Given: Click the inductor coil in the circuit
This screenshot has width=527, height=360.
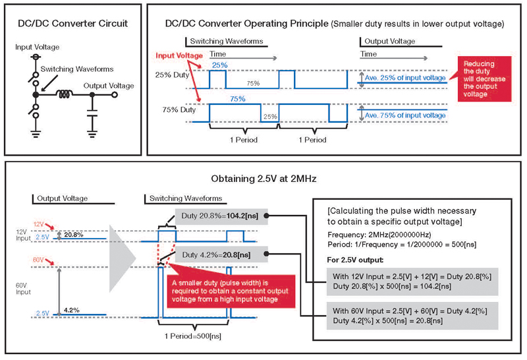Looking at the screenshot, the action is (64, 94).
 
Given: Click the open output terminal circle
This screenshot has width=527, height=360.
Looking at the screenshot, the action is (114, 94).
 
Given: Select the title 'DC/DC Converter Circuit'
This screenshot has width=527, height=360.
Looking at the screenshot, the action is (72, 23).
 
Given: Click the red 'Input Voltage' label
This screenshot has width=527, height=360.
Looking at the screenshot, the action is (179, 55).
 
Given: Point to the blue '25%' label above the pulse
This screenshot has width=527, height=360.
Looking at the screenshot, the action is (220, 65).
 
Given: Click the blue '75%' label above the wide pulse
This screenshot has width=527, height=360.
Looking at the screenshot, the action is (238, 99).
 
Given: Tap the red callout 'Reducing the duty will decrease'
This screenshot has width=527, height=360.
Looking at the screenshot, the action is (484, 78).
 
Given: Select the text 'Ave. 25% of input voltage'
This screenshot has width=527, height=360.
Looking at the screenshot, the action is (405, 78).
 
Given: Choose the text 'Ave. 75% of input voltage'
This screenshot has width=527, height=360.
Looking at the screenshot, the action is (405, 115).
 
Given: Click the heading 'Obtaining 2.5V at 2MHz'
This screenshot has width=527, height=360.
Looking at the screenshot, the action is (263, 178).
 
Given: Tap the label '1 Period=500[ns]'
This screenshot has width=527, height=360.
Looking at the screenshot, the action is (193, 336).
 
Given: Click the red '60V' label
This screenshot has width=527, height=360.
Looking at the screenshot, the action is (38, 259).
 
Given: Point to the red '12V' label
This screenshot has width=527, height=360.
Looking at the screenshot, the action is (38, 224).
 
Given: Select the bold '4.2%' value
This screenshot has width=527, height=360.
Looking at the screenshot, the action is (72, 310).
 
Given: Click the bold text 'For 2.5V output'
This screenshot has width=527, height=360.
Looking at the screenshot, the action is (355, 260).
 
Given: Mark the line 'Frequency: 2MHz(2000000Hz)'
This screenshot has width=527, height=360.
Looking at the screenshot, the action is (379, 235).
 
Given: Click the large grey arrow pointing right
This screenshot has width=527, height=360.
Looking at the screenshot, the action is (123, 258).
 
